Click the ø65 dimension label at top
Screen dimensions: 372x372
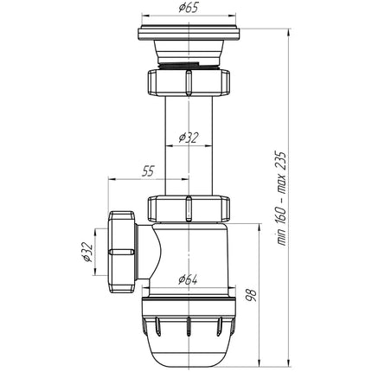point(189,8)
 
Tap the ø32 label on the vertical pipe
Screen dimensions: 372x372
point(189,138)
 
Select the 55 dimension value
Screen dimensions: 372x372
point(148,171)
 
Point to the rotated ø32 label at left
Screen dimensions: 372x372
point(87,252)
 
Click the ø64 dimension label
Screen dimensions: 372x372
point(188,279)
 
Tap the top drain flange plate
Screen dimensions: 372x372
point(189,33)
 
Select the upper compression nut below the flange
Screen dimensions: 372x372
point(189,82)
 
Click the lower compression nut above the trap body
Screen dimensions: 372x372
point(189,209)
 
